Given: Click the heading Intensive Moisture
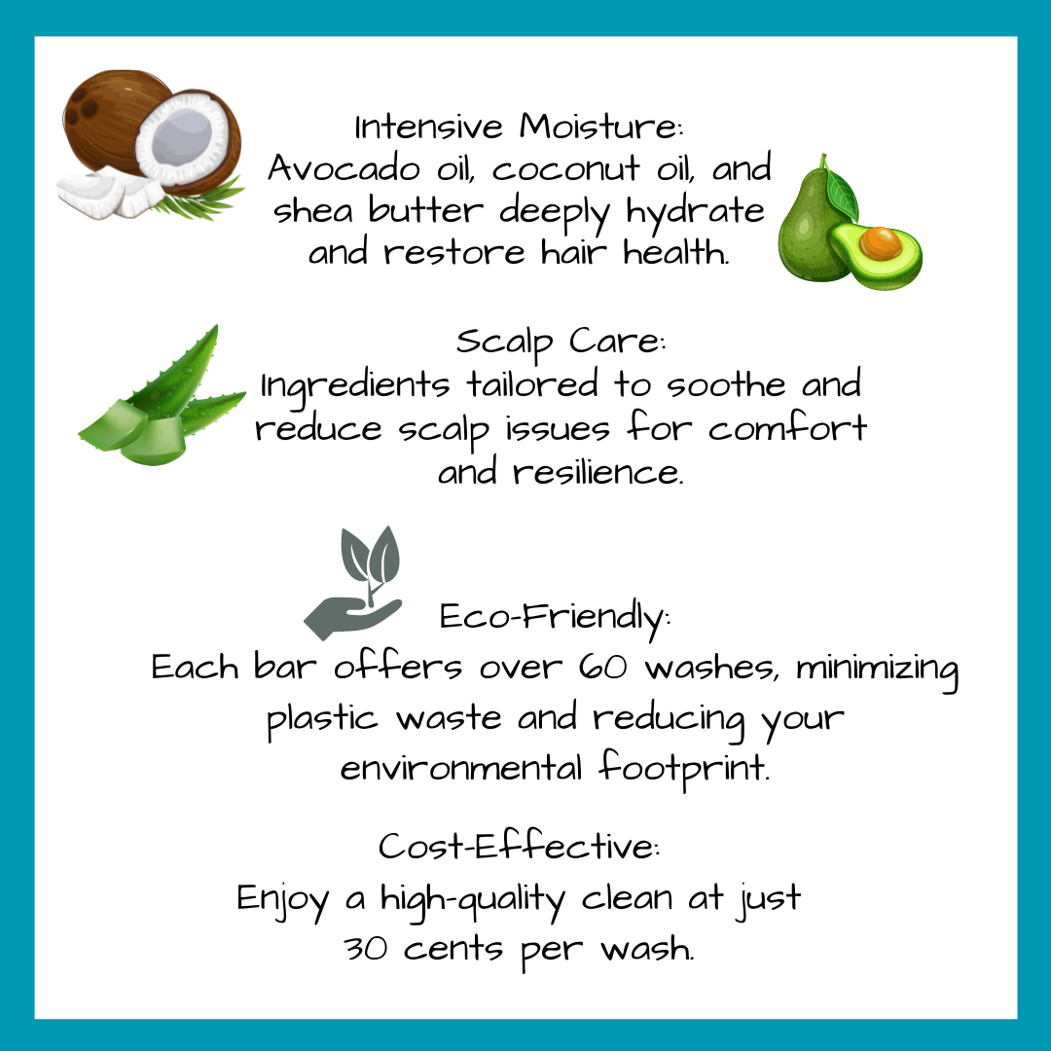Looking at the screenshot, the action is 519,126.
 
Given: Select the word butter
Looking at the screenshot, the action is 425,210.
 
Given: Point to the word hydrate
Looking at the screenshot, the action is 695,213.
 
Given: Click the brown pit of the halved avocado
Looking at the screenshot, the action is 880,242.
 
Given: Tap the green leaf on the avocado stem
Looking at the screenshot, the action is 841,191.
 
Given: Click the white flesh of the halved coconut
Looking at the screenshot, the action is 182,139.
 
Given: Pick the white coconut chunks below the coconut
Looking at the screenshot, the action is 111,194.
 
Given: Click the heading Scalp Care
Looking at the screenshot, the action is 562,342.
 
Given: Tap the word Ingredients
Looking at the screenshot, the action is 354,386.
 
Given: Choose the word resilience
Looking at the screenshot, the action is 598,471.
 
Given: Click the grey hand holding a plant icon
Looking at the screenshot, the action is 353,583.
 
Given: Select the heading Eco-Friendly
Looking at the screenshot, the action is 555,617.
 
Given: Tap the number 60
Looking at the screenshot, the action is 603,667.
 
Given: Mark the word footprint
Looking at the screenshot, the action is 684,768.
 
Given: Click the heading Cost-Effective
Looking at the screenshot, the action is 519,846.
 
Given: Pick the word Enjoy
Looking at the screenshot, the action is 283,899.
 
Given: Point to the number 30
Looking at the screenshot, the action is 365,949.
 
